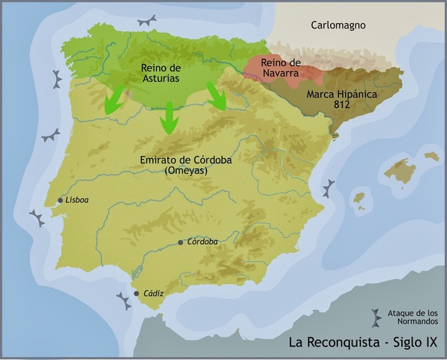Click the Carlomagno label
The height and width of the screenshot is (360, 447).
pos(338,25)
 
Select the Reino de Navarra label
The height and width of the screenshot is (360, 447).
pos(280,67)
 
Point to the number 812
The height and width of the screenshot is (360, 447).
pos(342,107)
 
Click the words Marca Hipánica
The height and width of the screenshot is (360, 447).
pos(341,96)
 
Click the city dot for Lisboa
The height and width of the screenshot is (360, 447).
pos(60,200)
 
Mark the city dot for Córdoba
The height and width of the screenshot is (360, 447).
pos(180,242)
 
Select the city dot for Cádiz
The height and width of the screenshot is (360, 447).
pos(136,293)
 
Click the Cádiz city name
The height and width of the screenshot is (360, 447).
pos(154,293)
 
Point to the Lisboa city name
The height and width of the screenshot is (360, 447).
pos(77,200)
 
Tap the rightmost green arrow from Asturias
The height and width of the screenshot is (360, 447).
pos(219,96)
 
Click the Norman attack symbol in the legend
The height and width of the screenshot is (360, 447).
pos(376,316)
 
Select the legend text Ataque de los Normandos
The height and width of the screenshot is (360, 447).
pos(412,317)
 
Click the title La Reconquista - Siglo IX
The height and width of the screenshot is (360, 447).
pos(362,343)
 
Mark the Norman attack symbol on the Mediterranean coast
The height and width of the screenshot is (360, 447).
pos(328,187)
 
